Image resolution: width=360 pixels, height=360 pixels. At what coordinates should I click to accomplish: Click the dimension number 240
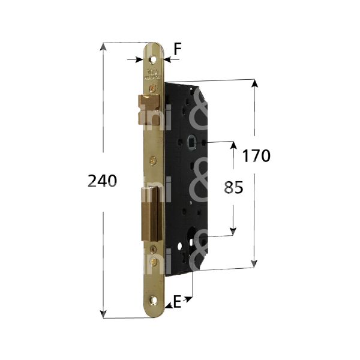pos(102,180)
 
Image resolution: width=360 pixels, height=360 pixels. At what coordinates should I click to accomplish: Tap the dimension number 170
pos(257,156)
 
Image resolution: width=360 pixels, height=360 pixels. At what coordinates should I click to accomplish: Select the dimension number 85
pos(233,188)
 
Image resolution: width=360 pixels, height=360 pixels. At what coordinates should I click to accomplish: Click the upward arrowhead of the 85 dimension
pos(233,147)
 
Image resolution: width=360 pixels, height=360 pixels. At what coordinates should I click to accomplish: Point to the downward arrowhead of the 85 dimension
pos(233,232)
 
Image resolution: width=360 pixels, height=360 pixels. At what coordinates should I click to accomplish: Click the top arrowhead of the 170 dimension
pos(256,83)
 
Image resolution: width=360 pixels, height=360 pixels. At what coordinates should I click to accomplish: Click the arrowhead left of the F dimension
pos(140,59)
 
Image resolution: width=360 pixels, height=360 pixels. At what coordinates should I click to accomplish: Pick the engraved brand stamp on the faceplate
pos(151,76)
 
